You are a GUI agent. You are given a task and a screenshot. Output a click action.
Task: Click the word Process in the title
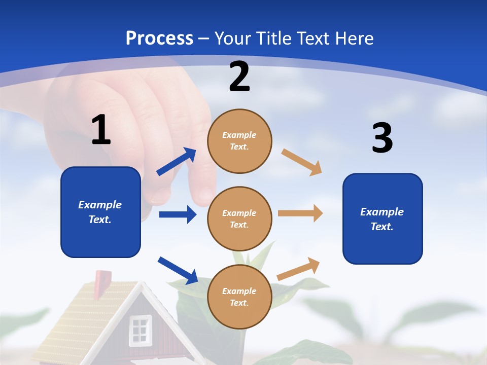point(159,39)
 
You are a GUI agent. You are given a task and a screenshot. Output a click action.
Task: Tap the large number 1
point(101,130)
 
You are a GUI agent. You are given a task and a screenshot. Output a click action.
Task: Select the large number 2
point(239,77)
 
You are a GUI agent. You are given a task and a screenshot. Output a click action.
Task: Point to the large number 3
point(382,138)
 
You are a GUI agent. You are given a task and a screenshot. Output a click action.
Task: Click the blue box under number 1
point(100,212)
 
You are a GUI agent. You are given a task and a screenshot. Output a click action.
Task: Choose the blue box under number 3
point(382,218)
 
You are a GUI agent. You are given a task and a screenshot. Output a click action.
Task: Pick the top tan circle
point(239,141)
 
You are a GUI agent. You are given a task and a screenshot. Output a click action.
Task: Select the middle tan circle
point(239,218)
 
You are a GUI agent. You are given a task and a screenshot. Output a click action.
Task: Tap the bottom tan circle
point(239,297)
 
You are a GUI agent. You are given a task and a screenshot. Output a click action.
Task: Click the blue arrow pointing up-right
point(177,162)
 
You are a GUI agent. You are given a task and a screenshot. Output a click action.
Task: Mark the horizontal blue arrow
point(178,214)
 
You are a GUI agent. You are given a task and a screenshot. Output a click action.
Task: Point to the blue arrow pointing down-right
point(178,270)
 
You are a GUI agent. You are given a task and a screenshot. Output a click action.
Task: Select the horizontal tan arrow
point(300,213)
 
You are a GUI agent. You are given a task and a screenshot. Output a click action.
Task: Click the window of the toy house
point(140,330)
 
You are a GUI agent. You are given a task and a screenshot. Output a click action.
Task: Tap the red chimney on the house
point(102,279)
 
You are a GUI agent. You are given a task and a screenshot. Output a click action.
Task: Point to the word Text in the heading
point(314,39)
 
